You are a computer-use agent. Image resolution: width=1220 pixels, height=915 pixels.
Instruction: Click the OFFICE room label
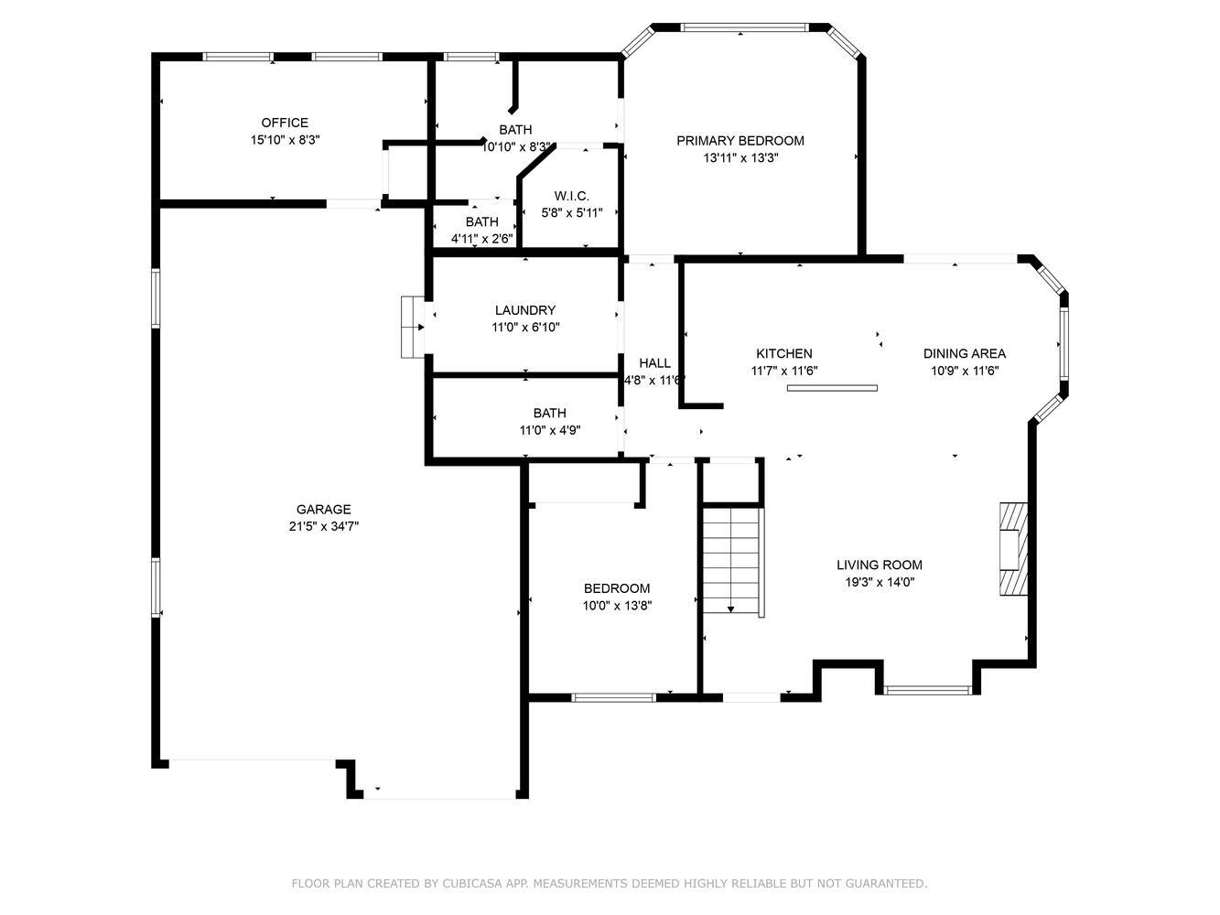(285, 123)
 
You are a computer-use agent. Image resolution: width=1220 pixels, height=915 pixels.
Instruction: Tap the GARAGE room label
(323, 509)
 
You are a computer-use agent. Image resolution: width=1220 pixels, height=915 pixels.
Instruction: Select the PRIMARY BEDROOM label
(740, 141)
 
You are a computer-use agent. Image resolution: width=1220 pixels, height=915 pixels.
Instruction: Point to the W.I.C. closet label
(571, 196)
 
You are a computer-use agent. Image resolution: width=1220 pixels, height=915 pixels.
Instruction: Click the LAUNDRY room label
(525, 310)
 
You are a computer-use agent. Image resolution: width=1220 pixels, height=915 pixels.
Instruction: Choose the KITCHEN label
(784, 353)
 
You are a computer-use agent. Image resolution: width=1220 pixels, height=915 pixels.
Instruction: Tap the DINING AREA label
(965, 353)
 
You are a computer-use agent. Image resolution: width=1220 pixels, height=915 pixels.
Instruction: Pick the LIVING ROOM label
(880, 565)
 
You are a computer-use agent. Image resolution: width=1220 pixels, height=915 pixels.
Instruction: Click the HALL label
(654, 363)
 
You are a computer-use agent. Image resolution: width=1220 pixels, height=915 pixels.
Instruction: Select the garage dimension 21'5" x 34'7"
(323, 526)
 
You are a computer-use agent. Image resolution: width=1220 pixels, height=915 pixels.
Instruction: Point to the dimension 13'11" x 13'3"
(740, 157)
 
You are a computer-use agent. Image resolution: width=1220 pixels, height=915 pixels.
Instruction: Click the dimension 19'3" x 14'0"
(880, 582)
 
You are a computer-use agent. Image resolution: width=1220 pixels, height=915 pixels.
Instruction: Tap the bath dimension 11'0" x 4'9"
(550, 430)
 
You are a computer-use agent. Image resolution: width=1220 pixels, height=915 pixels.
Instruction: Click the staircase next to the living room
(731, 560)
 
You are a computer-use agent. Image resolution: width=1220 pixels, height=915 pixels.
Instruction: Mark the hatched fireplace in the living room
(1014, 549)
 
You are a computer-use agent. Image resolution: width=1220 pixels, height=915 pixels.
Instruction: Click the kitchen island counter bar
(832, 388)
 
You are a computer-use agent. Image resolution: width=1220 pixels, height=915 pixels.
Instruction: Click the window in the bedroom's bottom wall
(613, 698)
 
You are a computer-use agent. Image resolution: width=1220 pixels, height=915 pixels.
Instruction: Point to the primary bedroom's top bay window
(744, 27)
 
